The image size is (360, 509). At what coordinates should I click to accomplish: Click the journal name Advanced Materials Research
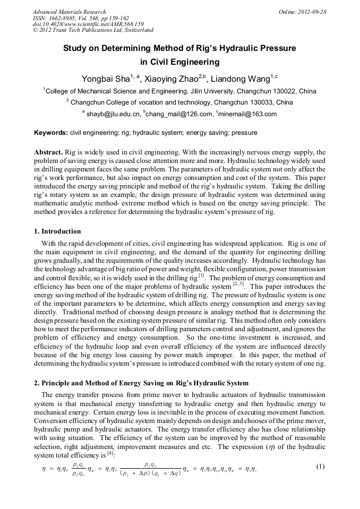70,12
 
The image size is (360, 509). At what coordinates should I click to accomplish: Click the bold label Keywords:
51,133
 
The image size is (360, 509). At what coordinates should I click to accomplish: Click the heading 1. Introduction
57,231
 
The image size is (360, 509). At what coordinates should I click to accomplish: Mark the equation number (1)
320,467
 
